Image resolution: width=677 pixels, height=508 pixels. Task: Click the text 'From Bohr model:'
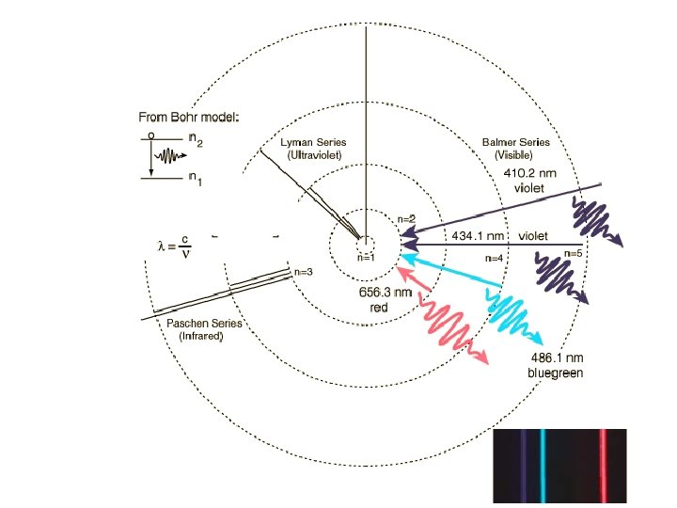click(x=188, y=118)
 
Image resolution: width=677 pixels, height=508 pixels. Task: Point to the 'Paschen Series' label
click(x=204, y=324)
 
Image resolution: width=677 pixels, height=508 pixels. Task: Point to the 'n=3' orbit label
click(x=303, y=272)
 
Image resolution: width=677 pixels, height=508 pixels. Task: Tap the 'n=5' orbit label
click(x=574, y=253)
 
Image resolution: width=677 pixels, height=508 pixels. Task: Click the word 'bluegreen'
click(x=555, y=373)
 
